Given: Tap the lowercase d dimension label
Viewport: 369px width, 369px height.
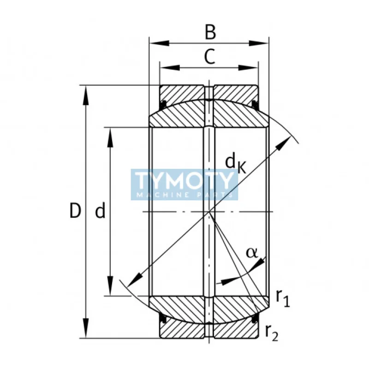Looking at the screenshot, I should (100, 211).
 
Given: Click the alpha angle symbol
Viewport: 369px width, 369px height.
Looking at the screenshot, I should (251, 252).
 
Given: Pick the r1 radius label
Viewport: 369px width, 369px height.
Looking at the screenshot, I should (283, 298).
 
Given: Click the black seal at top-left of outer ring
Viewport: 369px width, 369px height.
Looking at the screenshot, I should (162, 102).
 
